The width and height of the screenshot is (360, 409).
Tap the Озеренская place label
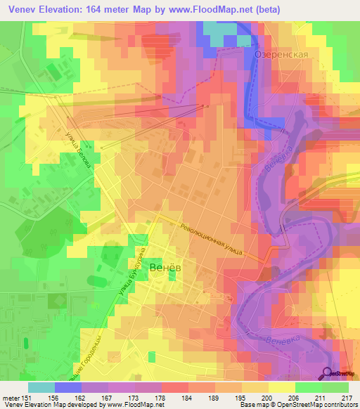pos(283,54)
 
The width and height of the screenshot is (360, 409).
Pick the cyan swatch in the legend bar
pos(41,387)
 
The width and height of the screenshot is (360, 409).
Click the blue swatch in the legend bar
pos(68,387)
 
